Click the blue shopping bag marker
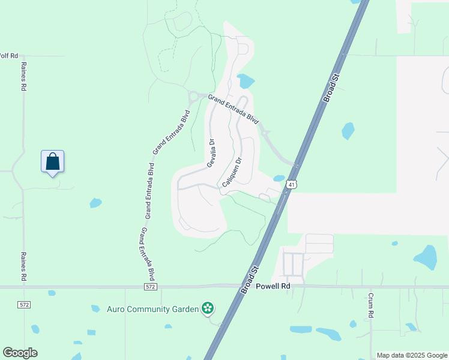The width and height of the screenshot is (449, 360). pos(52,161)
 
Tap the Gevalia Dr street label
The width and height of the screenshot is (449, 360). pos(211,154)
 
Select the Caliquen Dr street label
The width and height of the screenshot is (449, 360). pos(232,173)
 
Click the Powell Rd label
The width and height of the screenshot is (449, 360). pos(273,286)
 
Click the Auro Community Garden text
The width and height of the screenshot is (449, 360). pos(152,309)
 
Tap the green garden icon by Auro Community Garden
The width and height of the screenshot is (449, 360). pos(208,309)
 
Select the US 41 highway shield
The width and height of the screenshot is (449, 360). pos(291,185)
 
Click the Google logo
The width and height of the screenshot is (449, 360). pos(20,353)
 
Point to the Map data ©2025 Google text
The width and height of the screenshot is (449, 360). pos(412,355)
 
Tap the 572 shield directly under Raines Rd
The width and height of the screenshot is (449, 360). pos(24,305)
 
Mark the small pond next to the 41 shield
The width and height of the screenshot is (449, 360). pos(279,178)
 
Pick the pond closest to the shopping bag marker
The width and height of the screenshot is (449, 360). pos(95,203)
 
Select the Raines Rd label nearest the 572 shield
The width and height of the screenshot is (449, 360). pos(25,266)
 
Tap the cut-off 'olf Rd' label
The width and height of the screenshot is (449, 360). pos(8,56)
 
